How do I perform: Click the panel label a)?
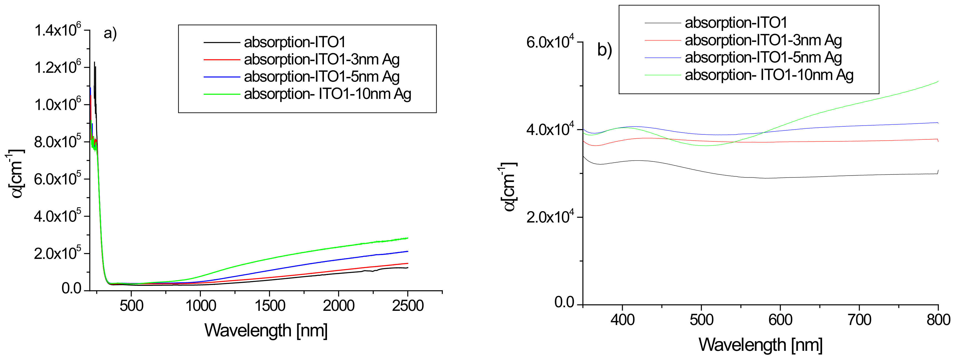click(x=110, y=34)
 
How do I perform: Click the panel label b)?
click(x=605, y=50)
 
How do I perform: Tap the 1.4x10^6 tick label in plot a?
click(x=58, y=30)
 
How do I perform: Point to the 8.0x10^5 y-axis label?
click(x=58, y=142)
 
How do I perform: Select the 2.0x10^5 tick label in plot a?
click(x=58, y=254)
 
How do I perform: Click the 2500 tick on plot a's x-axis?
click(x=407, y=306)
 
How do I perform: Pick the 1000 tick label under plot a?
click(x=200, y=306)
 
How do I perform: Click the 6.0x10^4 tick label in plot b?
click(x=550, y=42)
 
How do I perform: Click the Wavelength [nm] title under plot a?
click(x=266, y=330)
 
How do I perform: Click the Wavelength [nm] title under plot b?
click(x=760, y=345)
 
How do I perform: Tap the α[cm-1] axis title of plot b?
click(x=508, y=187)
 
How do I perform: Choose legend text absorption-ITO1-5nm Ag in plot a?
click(x=321, y=77)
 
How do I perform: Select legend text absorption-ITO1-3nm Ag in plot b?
click(x=763, y=40)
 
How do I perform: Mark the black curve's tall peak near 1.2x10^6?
click(x=94, y=63)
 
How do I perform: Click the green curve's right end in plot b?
click(x=937, y=81)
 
